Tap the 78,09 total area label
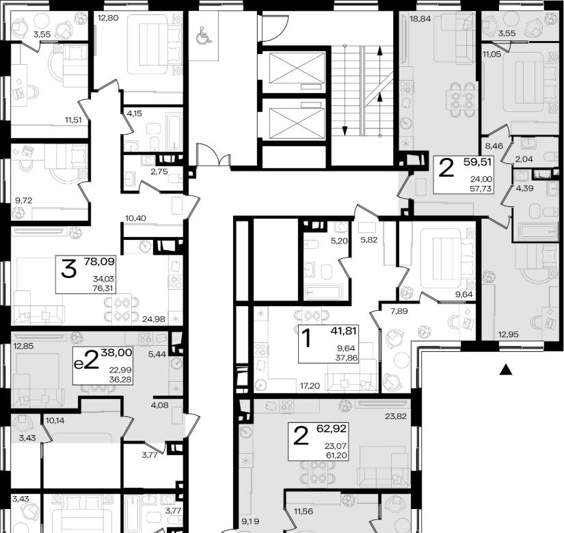pyautogui.click(x=99, y=262)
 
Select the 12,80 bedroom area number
pyautogui.click(x=108, y=18)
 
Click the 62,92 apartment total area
pyautogui.click(x=332, y=428)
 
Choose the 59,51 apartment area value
pyautogui.click(x=477, y=162)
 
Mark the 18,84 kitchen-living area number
pyautogui.click(x=420, y=18)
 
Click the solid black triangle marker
pyautogui.click(x=506, y=370)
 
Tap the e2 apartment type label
pyautogui.click(x=86, y=360)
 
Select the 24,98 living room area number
pyautogui.click(x=154, y=319)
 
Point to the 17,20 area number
pyautogui.click(x=310, y=386)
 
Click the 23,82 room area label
pyautogui.click(x=396, y=416)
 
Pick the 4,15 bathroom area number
pyautogui.click(x=135, y=113)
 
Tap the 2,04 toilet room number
pyautogui.click(x=524, y=159)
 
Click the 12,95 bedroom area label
pyautogui.click(x=508, y=334)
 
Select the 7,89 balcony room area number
pyautogui.click(x=399, y=311)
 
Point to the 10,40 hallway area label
pyautogui.click(x=135, y=218)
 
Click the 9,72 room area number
pyautogui.click(x=23, y=200)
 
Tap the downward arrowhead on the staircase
pyautogui.click(x=345, y=131)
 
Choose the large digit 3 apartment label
pyautogui.click(x=68, y=269)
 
